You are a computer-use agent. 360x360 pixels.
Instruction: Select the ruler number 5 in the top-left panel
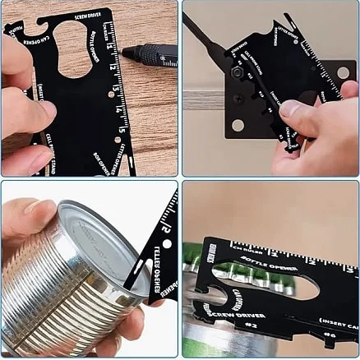click(x=122, y=129)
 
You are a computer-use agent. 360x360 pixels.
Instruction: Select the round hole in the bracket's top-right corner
click(x=343, y=72)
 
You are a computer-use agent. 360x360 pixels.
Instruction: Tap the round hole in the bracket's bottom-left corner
click(x=238, y=125)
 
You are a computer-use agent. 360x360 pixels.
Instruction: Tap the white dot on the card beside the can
click(x=166, y=244)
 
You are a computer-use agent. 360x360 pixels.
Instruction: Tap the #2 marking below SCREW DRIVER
click(x=252, y=325)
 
